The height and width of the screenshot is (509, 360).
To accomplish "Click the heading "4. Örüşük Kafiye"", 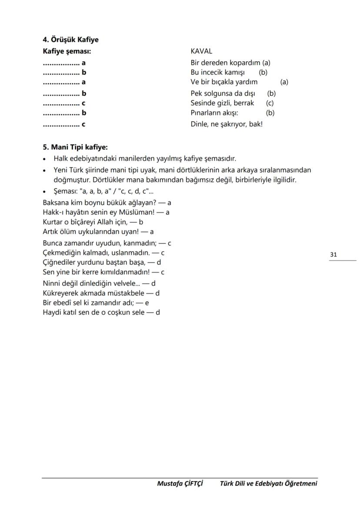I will [x=70, y=40].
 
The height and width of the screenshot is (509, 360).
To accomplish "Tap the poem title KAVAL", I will [x=201, y=51].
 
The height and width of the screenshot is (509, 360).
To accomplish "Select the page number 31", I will [x=333, y=255].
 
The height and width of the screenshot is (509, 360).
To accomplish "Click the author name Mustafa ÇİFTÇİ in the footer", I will [x=180, y=483].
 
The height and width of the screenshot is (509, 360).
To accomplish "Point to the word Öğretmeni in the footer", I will [x=300, y=483].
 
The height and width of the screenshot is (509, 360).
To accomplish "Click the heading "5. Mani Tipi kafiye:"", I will [x=75, y=147].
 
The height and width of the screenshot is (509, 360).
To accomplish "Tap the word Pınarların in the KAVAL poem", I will [x=206, y=113].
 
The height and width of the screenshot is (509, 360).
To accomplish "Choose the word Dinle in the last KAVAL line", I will [x=199, y=124].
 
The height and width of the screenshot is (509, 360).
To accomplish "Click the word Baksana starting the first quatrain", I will [x=56, y=203].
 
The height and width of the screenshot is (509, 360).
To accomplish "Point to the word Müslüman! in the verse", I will [x=143, y=212].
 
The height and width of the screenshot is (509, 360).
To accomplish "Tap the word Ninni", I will [x=52, y=283].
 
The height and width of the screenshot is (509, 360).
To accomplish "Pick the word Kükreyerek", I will [x=60, y=293].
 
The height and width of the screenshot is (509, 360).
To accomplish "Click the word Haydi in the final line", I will [x=52, y=312].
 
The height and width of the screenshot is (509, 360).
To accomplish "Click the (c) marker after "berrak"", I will [x=270, y=103].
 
